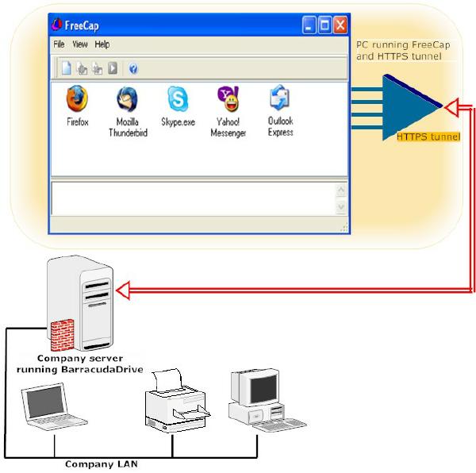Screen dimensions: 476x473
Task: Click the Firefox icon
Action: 77,98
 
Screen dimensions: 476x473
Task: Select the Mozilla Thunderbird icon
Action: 127,99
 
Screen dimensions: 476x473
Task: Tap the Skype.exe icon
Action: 178,98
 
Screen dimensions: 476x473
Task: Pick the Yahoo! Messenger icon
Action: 228,98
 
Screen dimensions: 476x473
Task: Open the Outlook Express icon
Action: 279,98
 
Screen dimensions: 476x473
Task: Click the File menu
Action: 59,44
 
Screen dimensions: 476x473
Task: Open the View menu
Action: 80,44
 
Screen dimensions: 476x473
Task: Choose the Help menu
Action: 102,44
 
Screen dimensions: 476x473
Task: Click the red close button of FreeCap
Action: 340,25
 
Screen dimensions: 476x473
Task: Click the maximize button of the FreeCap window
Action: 324,25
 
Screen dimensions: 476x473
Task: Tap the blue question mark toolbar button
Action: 133,68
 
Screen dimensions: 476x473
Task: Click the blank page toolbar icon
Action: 67,68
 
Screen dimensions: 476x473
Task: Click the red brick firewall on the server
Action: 62,335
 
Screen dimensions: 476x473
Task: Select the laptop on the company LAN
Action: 54,406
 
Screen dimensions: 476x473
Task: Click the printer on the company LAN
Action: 177,400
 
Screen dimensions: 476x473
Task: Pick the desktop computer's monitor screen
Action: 263,388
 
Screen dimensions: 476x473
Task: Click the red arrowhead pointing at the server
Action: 123,290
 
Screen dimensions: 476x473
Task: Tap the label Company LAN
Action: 102,464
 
